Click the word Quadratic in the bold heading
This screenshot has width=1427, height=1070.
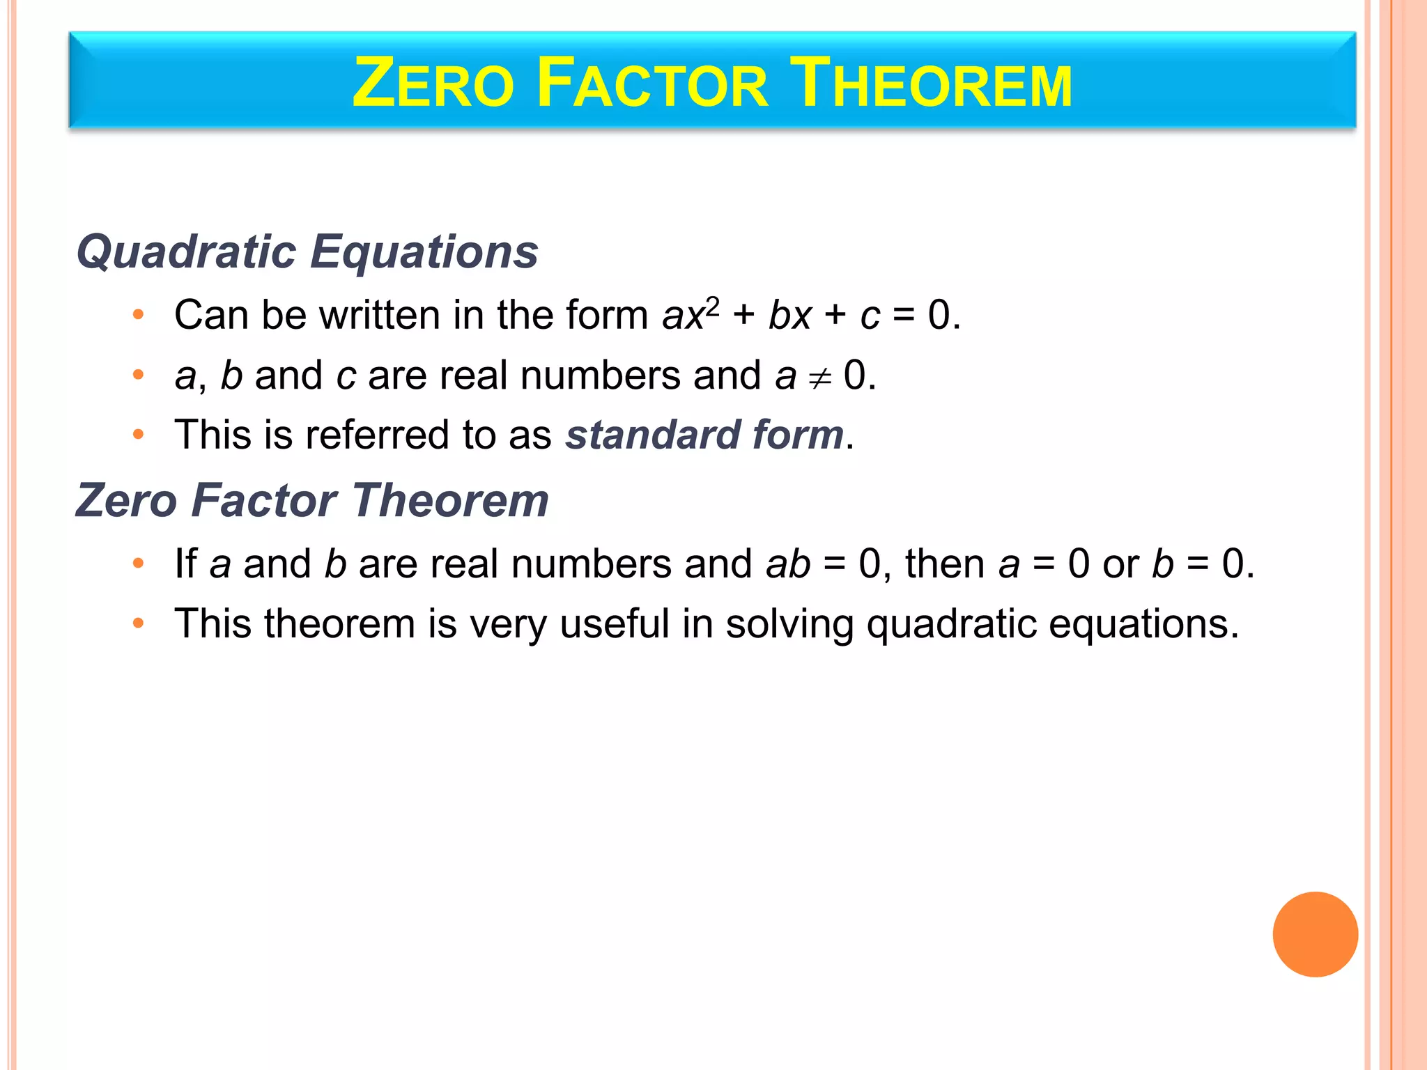(x=187, y=251)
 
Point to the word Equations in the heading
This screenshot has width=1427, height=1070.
(x=424, y=251)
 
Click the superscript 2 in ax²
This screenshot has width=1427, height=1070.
(x=712, y=305)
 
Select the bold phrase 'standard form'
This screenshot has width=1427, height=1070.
(x=704, y=435)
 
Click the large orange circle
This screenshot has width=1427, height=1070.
(x=1315, y=934)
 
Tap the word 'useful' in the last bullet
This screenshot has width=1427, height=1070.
(x=615, y=623)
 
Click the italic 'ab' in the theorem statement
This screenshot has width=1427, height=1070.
(x=788, y=564)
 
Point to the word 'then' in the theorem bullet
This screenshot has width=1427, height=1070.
(x=944, y=564)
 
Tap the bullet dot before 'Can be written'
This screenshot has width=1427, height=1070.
(x=139, y=315)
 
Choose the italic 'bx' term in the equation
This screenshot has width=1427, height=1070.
(x=790, y=315)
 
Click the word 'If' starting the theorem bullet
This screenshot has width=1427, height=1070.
(x=185, y=564)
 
